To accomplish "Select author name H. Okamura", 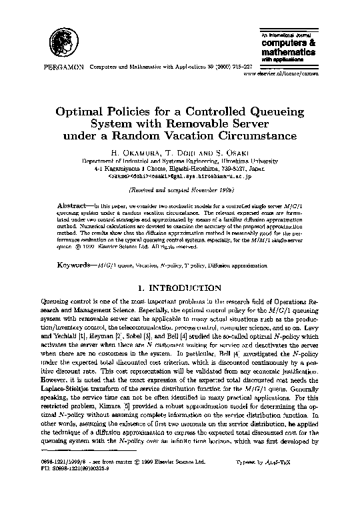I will click(x=135, y=152).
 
